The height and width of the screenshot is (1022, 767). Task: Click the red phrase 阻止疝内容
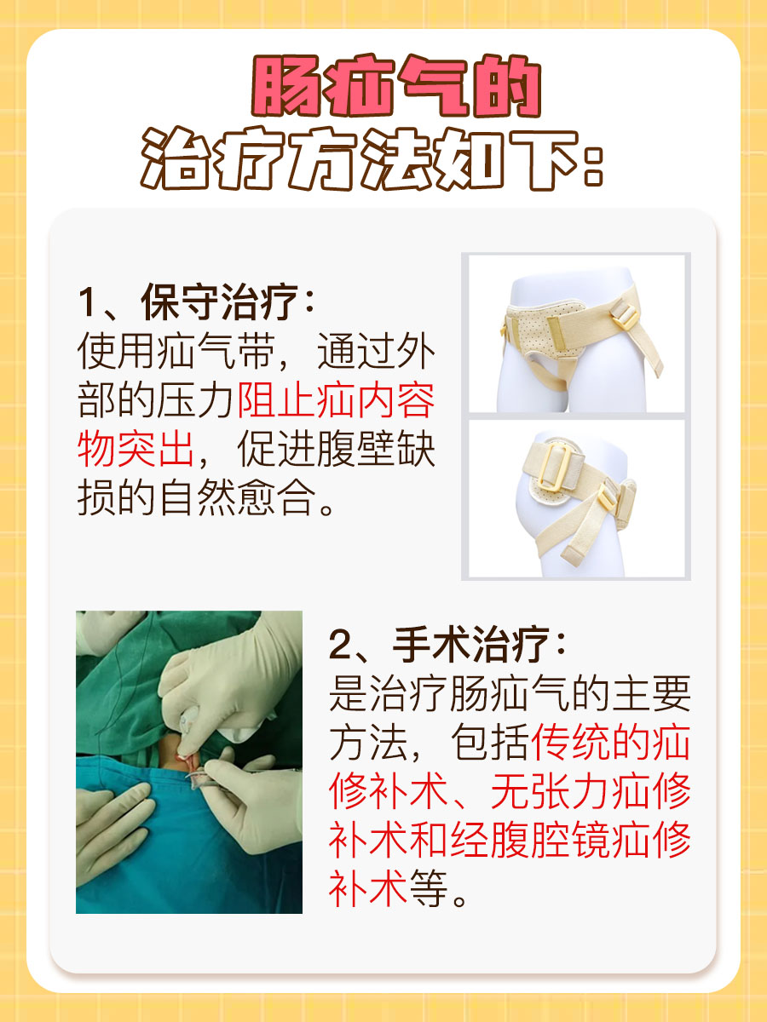336,400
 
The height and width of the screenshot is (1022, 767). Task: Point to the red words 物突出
136,449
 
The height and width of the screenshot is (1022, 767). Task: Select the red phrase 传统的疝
610,744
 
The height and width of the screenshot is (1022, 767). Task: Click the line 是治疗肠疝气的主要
510,696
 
